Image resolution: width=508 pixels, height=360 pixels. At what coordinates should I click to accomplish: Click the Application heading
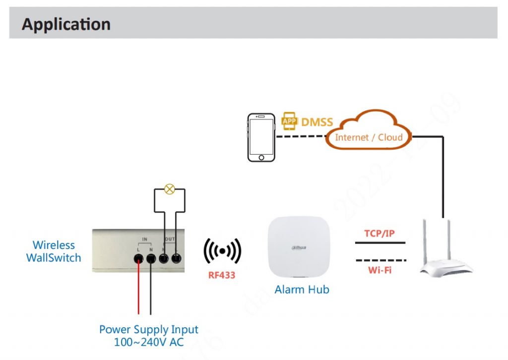pos(66,24)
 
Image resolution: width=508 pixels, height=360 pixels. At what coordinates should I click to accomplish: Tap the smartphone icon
pos(261,137)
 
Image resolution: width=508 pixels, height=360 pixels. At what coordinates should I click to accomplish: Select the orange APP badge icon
pos(289,121)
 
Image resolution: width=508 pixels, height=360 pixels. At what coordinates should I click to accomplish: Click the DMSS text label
pos(317,121)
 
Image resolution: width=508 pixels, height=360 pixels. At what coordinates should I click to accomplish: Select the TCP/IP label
pos(381,233)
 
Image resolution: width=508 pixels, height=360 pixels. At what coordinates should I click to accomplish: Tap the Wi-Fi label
pos(381,270)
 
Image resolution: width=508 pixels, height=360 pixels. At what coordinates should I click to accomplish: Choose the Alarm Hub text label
pos(302,290)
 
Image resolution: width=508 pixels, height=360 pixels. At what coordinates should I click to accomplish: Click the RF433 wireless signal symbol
pos(222,251)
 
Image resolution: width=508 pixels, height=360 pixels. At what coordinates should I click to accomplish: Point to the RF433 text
pos(222,275)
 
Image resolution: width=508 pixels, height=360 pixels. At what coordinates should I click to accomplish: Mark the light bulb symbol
pos(170,189)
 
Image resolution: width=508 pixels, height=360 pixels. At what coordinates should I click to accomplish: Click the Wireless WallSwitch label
pos(54,251)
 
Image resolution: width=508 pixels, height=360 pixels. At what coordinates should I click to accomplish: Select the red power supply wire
pos(139,288)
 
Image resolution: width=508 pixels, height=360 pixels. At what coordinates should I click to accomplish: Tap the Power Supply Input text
pos(148,329)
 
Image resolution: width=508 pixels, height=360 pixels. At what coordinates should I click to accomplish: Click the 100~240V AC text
pos(148,342)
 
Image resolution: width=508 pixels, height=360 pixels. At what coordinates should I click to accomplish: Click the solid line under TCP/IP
pos(380,243)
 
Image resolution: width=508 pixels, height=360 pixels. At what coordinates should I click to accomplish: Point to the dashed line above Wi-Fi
pos(380,260)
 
